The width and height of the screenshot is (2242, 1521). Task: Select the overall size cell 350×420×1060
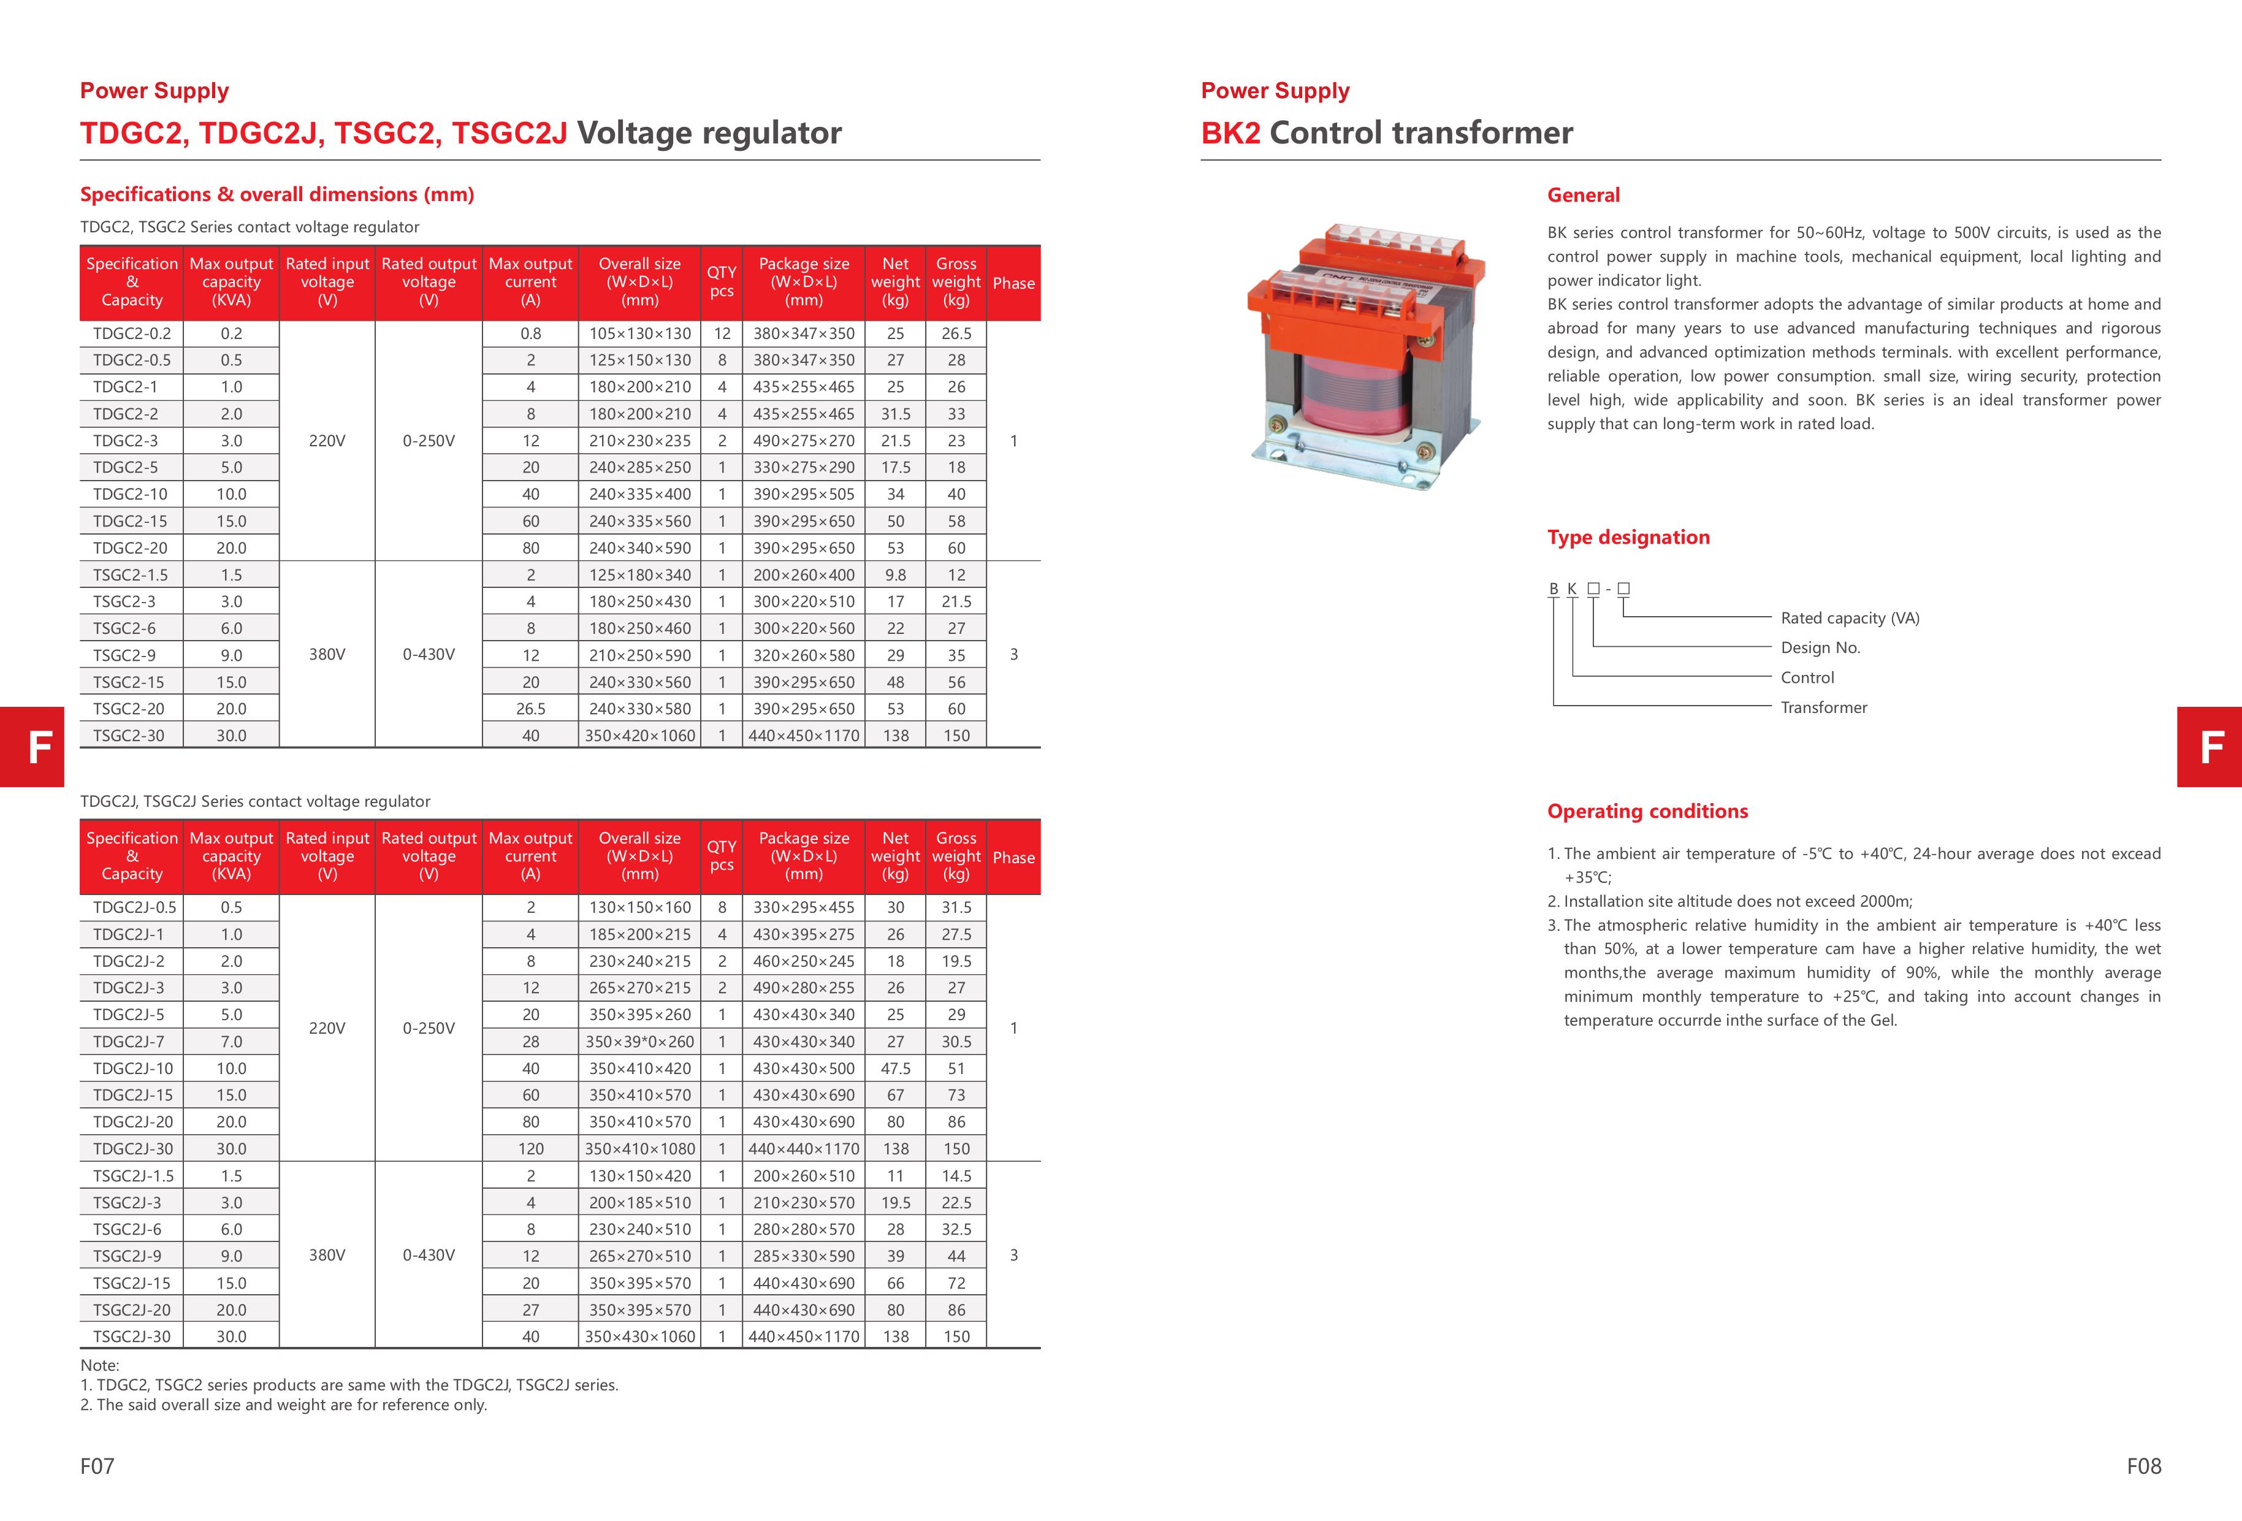tap(639, 736)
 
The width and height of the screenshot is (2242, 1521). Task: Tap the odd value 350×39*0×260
tap(639, 1042)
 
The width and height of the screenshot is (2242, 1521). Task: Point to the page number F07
tap(97, 1466)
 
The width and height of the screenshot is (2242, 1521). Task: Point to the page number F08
tap(2143, 1466)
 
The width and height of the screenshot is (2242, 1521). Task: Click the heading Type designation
tap(1628, 537)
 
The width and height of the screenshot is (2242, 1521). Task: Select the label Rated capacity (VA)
tap(1850, 618)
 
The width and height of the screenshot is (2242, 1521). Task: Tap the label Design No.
tap(1820, 648)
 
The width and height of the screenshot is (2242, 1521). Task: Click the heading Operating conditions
tap(1647, 811)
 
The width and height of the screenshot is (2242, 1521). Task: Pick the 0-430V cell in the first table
tap(429, 654)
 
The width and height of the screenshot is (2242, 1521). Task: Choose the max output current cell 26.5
tap(530, 709)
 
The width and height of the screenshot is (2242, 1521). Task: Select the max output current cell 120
tap(530, 1149)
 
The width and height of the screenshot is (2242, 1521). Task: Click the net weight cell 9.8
tap(895, 575)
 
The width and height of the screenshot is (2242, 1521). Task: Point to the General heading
tap(1583, 195)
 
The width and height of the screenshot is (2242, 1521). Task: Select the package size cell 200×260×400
tap(804, 575)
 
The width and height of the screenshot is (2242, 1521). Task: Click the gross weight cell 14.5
tap(956, 1176)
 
